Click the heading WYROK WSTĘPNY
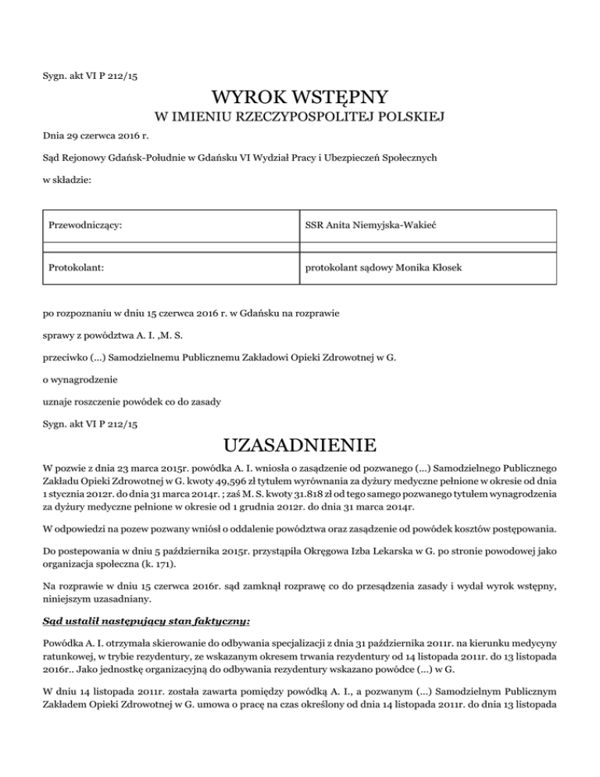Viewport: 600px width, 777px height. (300, 98)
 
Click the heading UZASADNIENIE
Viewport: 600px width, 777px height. (300, 446)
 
